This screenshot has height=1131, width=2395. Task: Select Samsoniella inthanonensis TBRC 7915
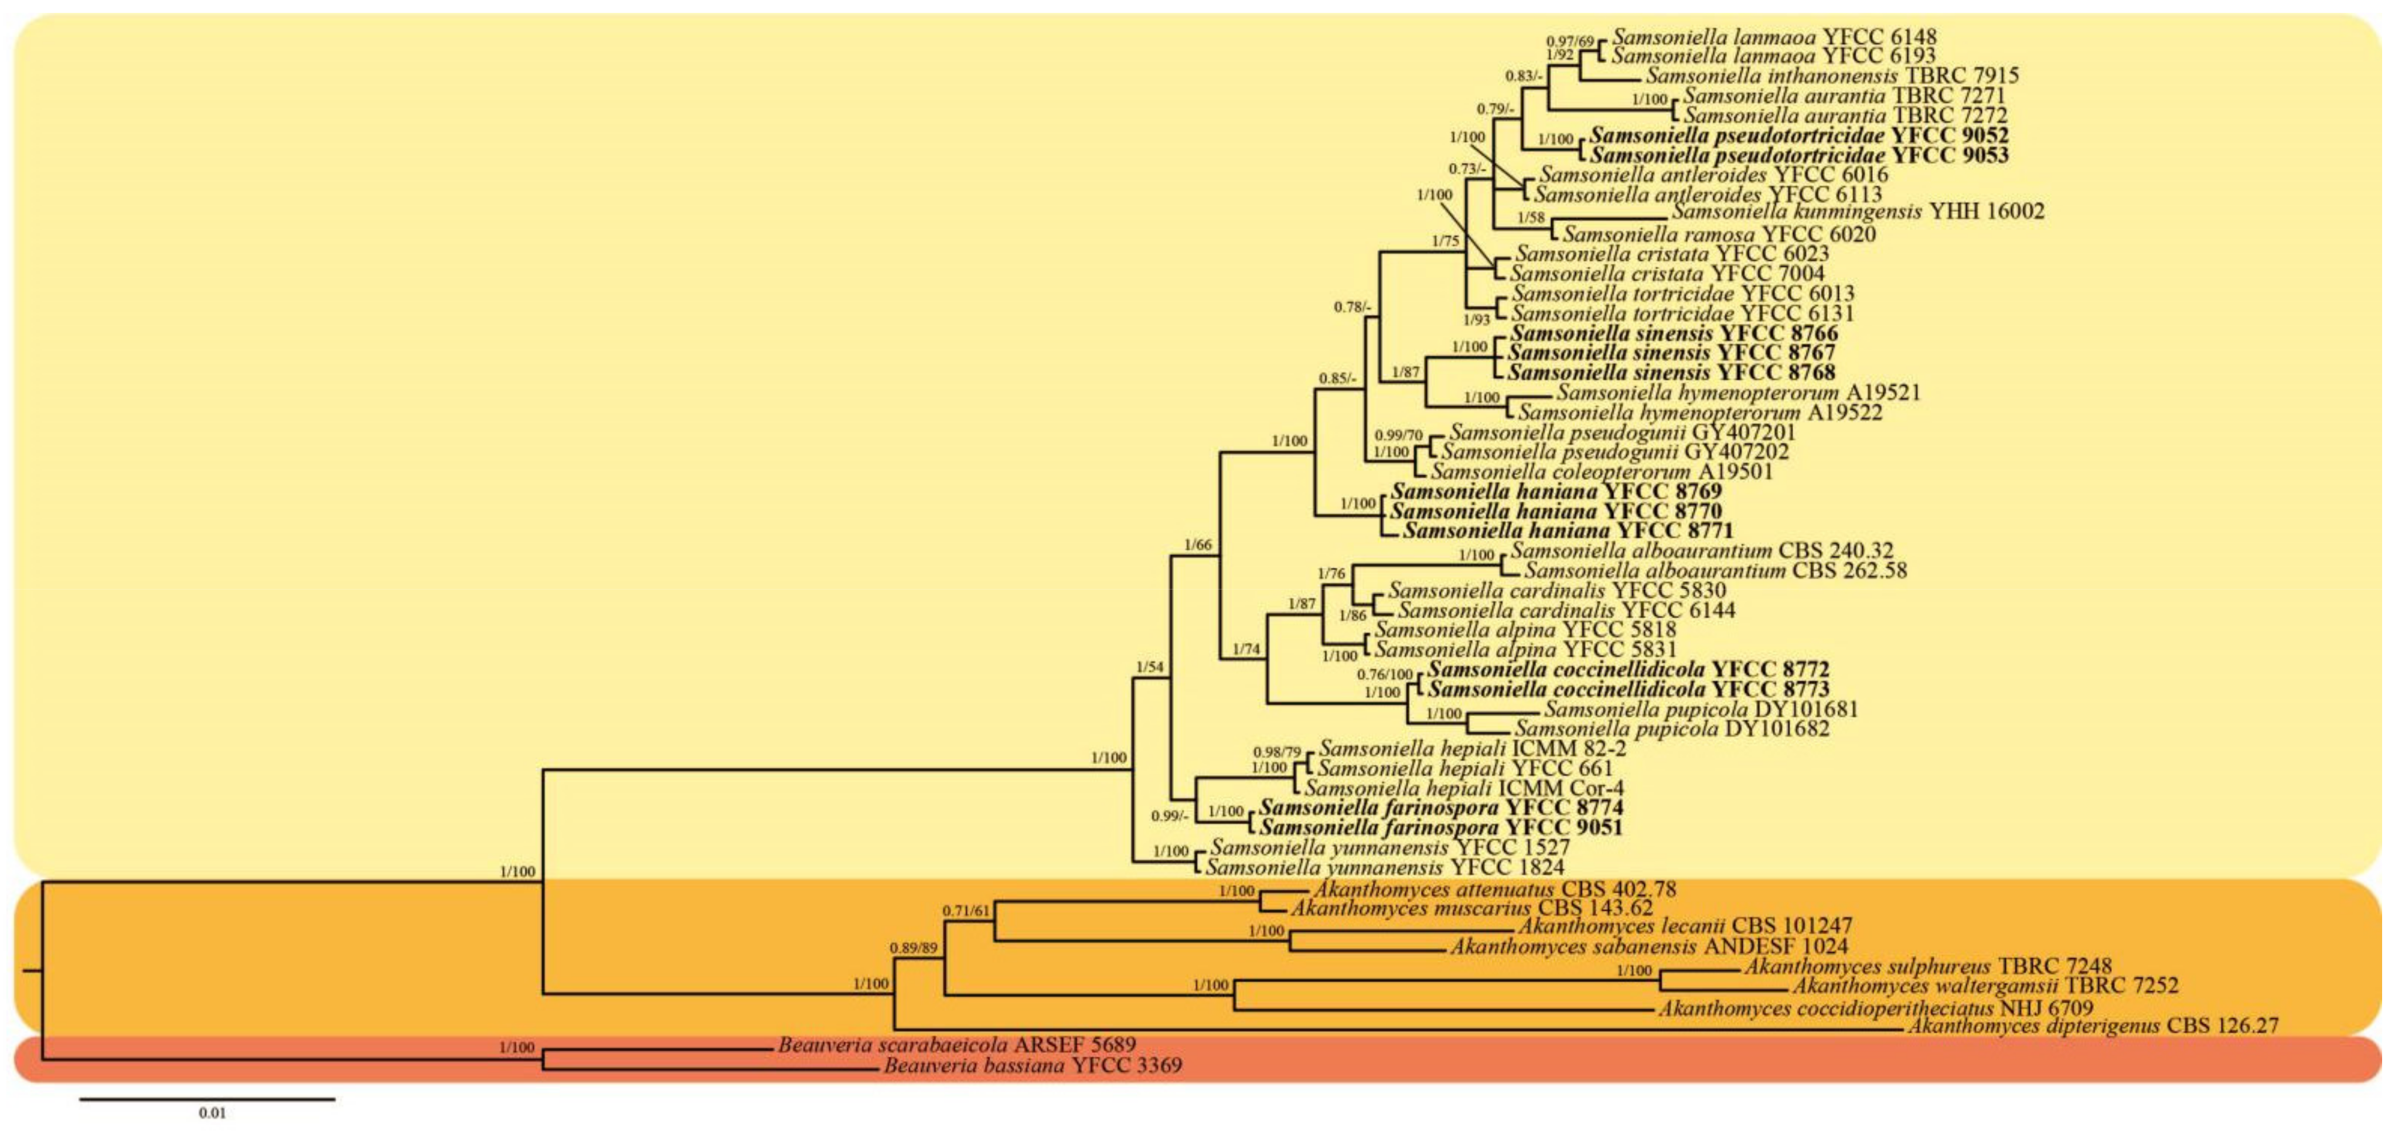(x=1832, y=76)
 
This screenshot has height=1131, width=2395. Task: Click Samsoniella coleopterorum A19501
(x=1601, y=472)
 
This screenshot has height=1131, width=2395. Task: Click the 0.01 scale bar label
(x=212, y=1112)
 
